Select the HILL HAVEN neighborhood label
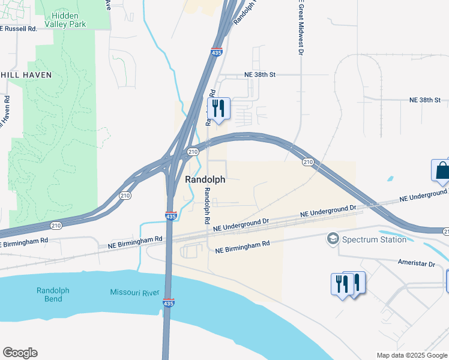26,75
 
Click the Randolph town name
205,179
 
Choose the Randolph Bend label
53,295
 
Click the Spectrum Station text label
374,239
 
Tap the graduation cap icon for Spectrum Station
332,239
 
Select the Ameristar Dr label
416,263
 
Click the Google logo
20,353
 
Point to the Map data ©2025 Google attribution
412,355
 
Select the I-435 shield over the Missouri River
169,304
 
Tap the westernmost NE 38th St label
259,74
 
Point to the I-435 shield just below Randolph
171,216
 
